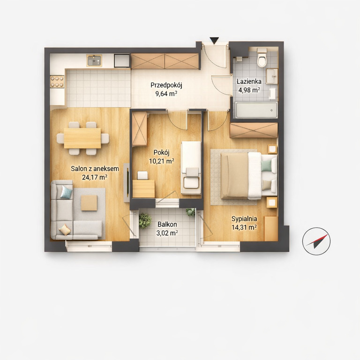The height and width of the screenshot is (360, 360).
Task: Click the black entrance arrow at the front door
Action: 214,41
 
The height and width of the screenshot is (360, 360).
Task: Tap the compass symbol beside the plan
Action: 316,241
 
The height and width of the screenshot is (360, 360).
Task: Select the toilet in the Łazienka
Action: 262,57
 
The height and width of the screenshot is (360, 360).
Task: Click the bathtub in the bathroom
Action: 256,110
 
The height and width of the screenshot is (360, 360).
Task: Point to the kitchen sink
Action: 94,60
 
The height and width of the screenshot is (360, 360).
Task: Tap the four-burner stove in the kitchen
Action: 57,82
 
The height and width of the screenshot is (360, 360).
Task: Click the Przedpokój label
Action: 166,85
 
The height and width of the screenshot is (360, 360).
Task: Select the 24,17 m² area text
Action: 95,177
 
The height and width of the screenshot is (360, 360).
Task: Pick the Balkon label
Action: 167,225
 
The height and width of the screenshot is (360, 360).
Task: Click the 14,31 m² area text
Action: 244,227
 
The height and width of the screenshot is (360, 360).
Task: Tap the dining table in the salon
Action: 82,138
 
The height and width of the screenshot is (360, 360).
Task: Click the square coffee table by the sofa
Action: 89,202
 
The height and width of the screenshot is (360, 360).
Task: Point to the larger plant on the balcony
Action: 145,220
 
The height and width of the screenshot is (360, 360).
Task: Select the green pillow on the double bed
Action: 266,166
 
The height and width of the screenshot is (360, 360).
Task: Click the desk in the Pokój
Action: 144,189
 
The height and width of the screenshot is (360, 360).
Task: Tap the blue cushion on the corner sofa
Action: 67,192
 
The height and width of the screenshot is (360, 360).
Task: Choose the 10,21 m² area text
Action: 162,161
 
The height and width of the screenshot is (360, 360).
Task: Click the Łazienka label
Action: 249,81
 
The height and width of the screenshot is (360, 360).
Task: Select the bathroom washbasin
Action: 272,76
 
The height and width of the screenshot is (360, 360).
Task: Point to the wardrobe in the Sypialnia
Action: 254,130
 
